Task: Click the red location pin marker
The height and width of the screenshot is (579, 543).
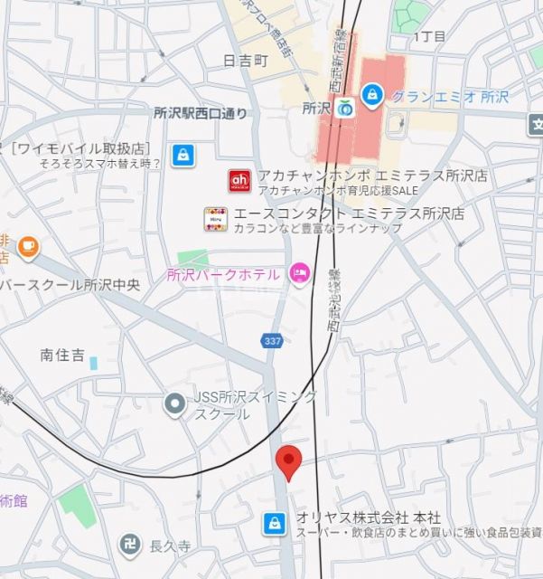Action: click(288, 461)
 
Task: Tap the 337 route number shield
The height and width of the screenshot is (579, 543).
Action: click(272, 341)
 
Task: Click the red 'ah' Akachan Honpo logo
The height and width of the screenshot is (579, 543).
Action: click(239, 181)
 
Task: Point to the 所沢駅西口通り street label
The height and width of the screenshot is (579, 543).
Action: click(200, 114)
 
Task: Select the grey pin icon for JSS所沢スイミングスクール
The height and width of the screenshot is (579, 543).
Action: click(174, 404)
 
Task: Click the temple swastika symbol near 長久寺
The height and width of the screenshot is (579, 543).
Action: click(128, 544)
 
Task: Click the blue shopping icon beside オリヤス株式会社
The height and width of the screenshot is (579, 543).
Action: click(273, 522)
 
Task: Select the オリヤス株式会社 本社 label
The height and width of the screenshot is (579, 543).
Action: click(369, 517)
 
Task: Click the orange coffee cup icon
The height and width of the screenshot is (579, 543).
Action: click(28, 243)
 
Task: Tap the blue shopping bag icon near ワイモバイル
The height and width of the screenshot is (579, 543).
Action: click(183, 154)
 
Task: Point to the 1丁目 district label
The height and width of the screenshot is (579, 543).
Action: click(429, 37)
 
